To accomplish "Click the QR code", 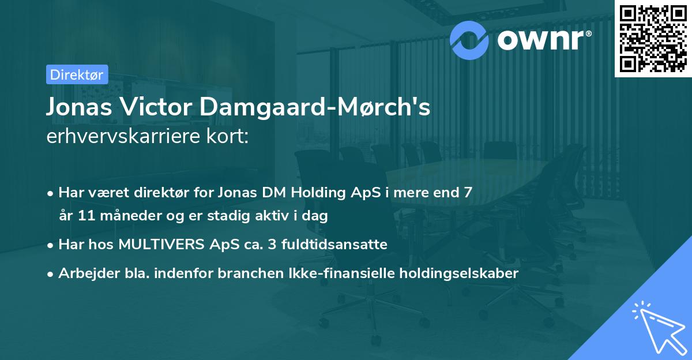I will click(x=653, y=39).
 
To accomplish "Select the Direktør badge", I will click(x=77, y=74).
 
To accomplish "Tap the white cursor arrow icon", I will click(x=656, y=327).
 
